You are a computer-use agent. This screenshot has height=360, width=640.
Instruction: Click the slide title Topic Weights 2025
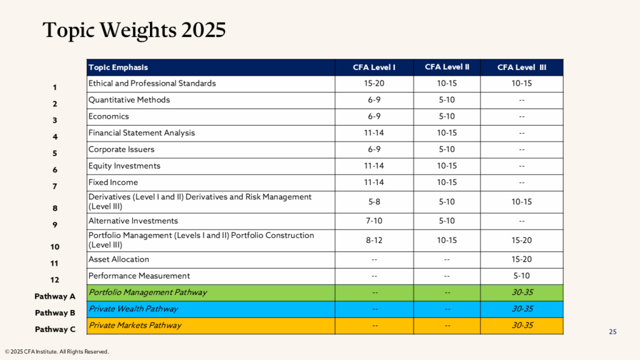pyautogui.click(x=134, y=30)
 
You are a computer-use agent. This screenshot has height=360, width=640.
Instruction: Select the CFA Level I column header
pyautogui.click(x=374, y=67)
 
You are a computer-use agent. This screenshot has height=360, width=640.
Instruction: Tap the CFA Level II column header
pyautogui.click(x=447, y=67)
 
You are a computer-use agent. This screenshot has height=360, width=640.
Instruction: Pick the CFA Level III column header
pyautogui.click(x=521, y=67)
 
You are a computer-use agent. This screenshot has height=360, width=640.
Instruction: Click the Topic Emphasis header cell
pyautogui.click(x=118, y=67)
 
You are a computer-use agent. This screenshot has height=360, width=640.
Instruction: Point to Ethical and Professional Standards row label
pyautogui.click(x=152, y=84)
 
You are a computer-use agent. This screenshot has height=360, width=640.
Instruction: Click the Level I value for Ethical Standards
pyautogui.click(x=374, y=84)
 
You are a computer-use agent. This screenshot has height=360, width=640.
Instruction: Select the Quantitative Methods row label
pyautogui.click(x=129, y=100)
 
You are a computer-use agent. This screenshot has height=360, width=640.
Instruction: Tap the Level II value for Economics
pyautogui.click(x=447, y=116)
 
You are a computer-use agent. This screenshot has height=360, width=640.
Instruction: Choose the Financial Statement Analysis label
pyautogui.click(x=141, y=132)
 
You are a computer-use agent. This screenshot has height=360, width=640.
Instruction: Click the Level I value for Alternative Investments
pyautogui.click(x=374, y=221)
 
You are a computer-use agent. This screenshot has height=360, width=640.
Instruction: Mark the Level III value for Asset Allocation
pyautogui.click(x=521, y=259)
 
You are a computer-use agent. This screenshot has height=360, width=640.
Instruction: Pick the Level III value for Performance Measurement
pyautogui.click(x=521, y=276)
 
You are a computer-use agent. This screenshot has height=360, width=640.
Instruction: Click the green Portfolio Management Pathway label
pyautogui.click(x=147, y=292)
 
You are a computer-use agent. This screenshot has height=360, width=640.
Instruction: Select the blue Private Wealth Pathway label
pyautogui.click(x=133, y=309)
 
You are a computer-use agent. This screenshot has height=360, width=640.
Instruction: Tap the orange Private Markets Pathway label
pyautogui.click(x=135, y=325)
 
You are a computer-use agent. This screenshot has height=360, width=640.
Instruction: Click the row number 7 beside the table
pyautogui.click(x=55, y=186)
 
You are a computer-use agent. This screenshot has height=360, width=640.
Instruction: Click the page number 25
pyautogui.click(x=612, y=332)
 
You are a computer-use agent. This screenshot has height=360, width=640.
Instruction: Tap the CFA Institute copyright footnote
pyautogui.click(x=57, y=352)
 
